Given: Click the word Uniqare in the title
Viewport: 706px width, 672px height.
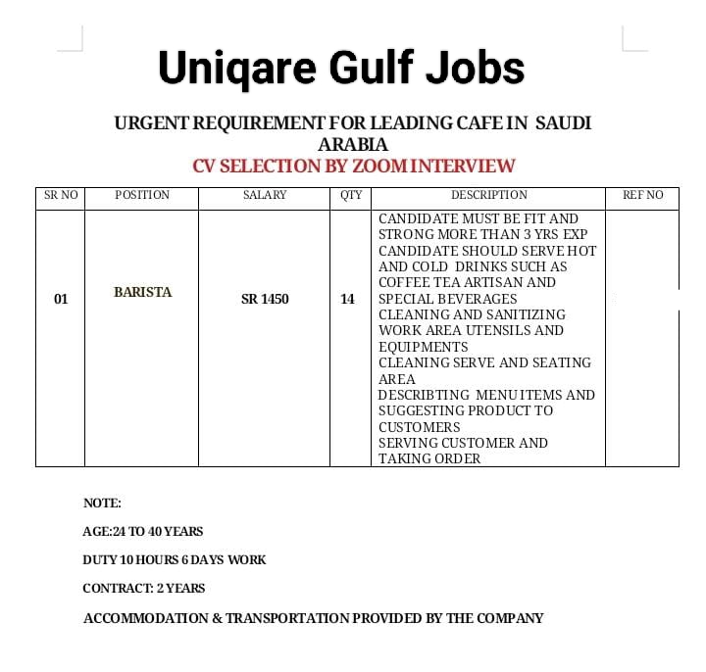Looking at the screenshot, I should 237,69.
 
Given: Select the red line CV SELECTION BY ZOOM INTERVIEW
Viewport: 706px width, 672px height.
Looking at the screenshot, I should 353,166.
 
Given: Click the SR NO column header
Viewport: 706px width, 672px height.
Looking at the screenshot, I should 61,195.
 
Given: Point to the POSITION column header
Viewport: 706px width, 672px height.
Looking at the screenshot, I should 142,195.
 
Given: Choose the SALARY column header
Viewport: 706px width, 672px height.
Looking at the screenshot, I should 265,195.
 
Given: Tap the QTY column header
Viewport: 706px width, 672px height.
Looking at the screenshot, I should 351,195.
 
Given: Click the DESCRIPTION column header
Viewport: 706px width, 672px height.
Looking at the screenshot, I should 488,195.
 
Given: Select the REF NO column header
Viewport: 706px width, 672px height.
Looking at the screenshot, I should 642,195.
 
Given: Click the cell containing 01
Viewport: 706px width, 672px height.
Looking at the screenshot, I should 61,299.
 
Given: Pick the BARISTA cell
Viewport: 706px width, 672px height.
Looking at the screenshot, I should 142,292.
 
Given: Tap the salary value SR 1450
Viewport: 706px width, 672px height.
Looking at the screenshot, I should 265,299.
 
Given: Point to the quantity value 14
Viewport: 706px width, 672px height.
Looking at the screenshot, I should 347,299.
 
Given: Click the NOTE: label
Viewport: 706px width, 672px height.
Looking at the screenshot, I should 102,503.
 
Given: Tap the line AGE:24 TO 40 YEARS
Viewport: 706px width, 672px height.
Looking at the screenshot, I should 143,531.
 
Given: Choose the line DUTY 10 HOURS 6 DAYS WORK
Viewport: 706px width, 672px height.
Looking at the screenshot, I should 175,559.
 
